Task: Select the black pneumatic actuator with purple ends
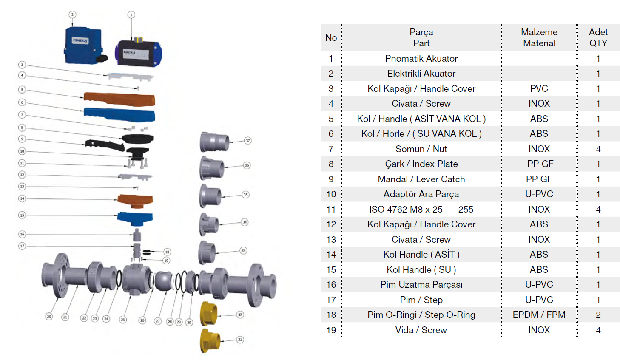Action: pos(138,53)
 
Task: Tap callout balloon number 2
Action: pos(72,14)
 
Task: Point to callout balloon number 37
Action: pos(247,140)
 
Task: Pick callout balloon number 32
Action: pos(240,315)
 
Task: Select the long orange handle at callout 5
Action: pos(119,99)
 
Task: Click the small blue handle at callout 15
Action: pos(135,218)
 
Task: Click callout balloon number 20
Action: pos(49,317)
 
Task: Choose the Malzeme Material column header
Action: pos(539,37)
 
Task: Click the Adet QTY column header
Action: pos(598,37)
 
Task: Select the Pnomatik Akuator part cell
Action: pos(421,58)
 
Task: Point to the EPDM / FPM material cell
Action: pos(539,315)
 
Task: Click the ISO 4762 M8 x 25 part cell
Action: pos(421,209)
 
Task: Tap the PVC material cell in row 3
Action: pos(539,88)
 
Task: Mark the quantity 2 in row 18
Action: pos(598,315)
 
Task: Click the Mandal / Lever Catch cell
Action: pos(421,179)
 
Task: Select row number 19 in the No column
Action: pos(331,330)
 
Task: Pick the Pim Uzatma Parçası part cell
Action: pos(421,284)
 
